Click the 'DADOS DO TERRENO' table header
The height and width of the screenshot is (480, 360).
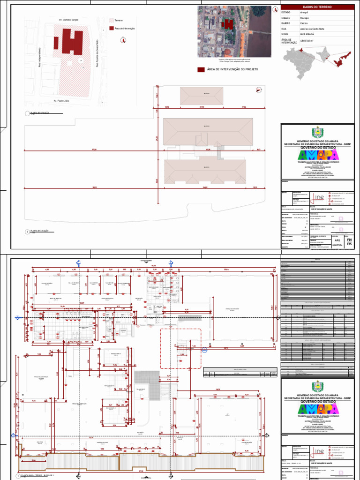coord(317,7)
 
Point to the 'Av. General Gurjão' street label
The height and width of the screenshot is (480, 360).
coord(68,21)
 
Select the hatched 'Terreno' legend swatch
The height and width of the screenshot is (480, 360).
coord(111,21)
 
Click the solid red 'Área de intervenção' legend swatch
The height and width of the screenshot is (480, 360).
coord(111,28)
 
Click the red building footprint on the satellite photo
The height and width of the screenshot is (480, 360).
coord(227,23)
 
